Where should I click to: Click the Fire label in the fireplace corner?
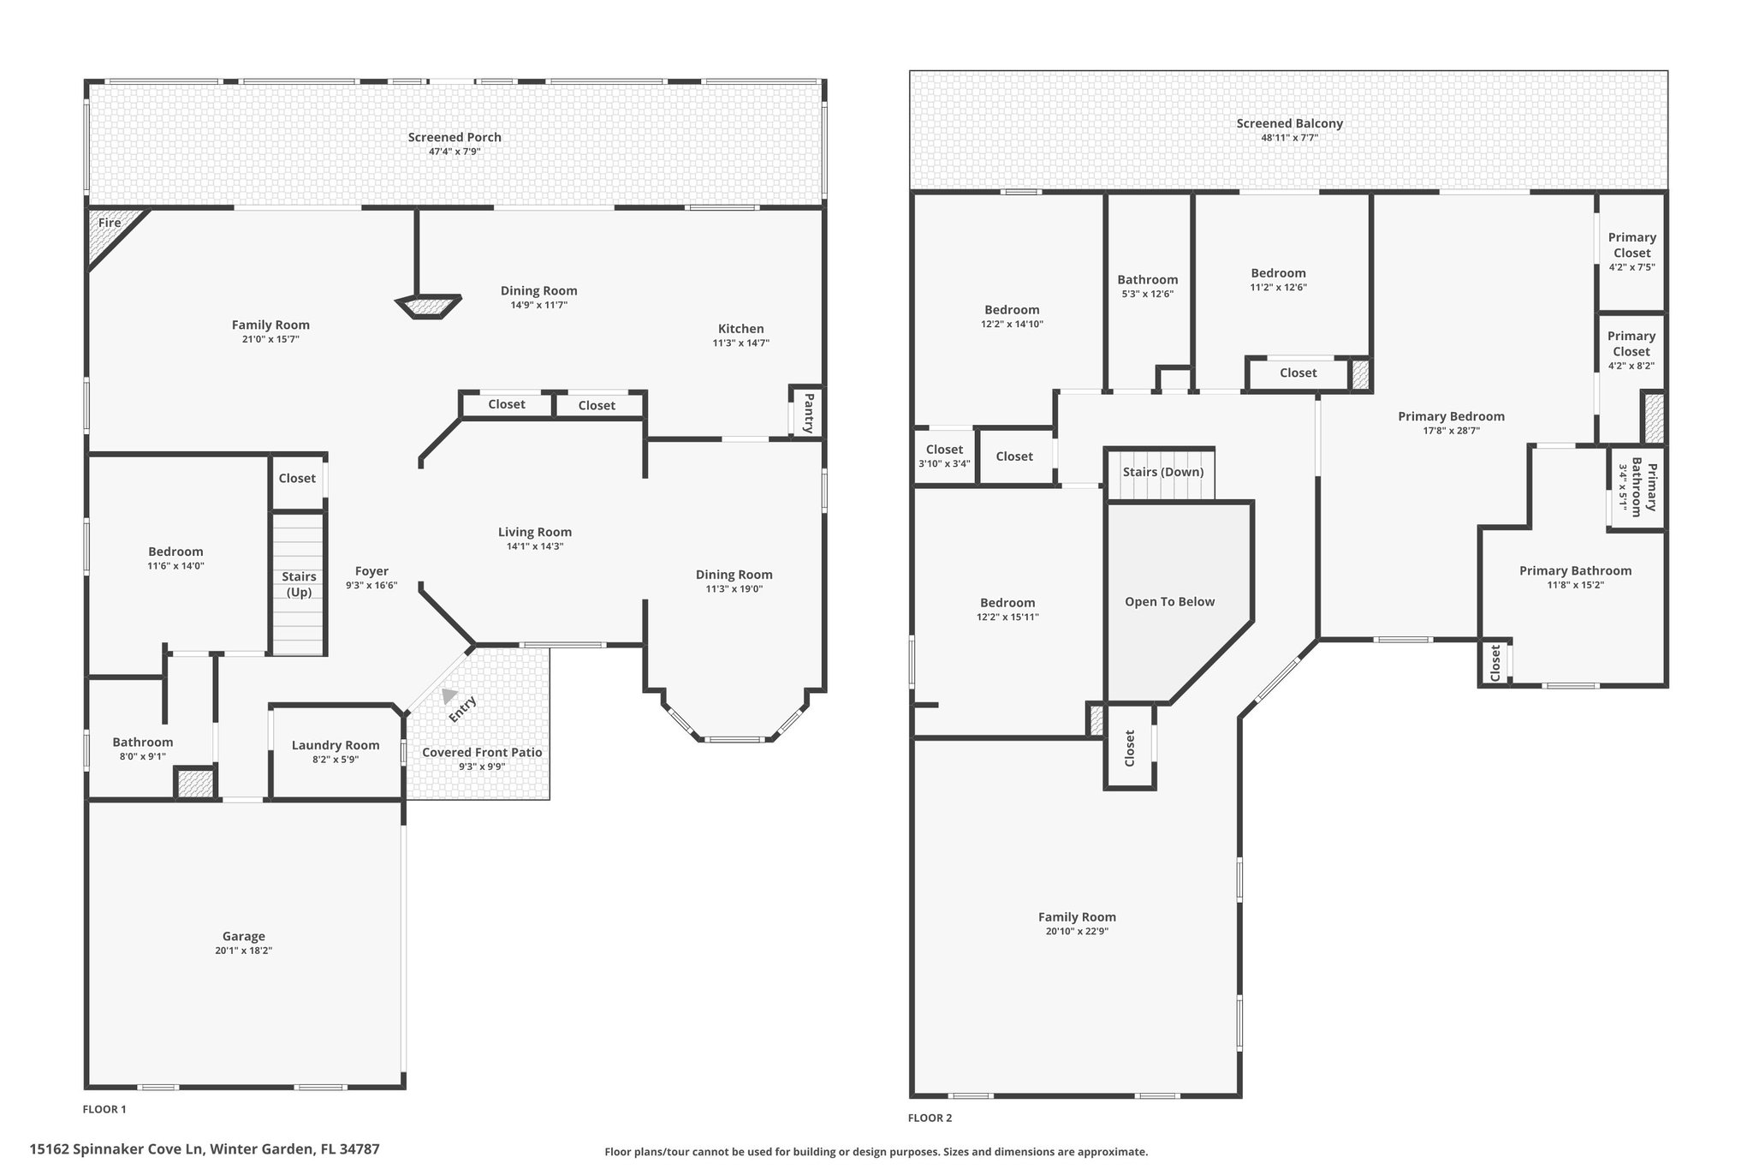pyautogui.click(x=110, y=223)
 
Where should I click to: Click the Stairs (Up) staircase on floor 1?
pyautogui.click(x=299, y=584)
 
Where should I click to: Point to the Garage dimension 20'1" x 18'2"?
pyautogui.click(x=244, y=951)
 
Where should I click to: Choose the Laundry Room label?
pyautogui.click(x=336, y=745)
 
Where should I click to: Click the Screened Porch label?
pyautogui.click(x=455, y=137)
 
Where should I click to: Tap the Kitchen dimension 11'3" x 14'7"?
pyautogui.click(x=741, y=343)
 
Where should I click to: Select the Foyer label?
pyautogui.click(x=371, y=571)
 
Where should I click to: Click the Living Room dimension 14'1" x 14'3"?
pyautogui.click(x=535, y=546)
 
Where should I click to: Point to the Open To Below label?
pyautogui.click(x=1170, y=601)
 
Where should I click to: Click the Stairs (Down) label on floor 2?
pyautogui.click(x=1163, y=472)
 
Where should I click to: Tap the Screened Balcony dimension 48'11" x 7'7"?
pyautogui.click(x=1290, y=137)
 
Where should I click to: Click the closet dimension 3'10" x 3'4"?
pyautogui.click(x=945, y=464)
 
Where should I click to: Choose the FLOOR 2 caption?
pyautogui.click(x=930, y=1118)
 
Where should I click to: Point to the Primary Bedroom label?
pyautogui.click(x=1452, y=416)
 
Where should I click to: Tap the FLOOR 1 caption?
pyautogui.click(x=104, y=1109)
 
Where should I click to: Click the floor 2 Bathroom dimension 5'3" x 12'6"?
pyautogui.click(x=1148, y=294)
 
